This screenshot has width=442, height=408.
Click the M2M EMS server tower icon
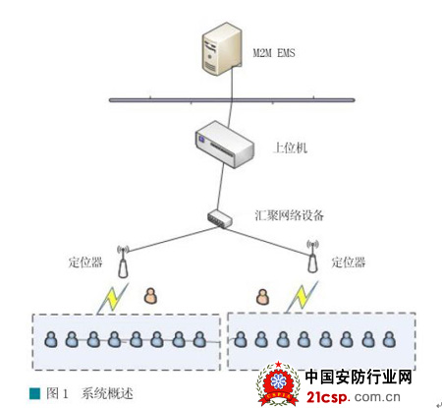tap(222, 48)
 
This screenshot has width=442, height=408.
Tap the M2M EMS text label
tap(274, 53)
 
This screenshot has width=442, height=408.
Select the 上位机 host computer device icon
tap(224, 145)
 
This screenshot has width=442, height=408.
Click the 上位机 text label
tap(290, 147)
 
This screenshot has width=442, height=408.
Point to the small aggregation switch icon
tap(220, 218)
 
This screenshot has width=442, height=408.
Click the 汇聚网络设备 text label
tap(290, 215)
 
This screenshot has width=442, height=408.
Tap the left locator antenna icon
tap(123, 262)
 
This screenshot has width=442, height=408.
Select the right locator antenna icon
tap(312, 257)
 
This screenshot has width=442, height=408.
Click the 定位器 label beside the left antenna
tap(85, 262)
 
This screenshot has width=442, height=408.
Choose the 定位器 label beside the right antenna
tap(349, 262)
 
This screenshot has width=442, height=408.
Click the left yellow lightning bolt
tap(113, 298)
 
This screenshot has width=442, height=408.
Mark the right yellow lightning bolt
tap(302, 297)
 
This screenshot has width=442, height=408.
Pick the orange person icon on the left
tap(150, 296)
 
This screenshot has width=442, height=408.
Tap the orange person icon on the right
tap(262, 297)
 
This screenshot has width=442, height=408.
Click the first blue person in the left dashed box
tap(51, 339)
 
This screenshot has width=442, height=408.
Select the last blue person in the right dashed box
tap(389, 339)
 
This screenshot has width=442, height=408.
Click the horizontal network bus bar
tap(232, 100)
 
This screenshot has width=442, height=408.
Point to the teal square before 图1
tap(34, 393)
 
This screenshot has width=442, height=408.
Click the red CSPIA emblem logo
tap(278, 383)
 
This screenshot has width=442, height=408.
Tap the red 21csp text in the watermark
tap(326, 397)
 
